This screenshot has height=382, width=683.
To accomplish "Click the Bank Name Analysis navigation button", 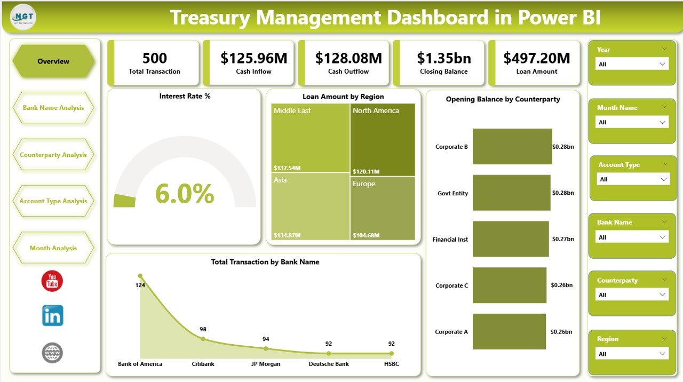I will [53, 108].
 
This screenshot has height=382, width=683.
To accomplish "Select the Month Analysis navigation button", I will [53, 248].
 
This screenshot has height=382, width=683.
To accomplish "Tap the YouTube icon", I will [52, 281].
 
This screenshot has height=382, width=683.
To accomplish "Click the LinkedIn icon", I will [52, 316].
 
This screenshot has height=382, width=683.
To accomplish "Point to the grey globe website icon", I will [52, 353].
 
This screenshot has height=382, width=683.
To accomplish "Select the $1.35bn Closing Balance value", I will [443, 58].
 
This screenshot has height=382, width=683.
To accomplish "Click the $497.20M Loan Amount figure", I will [537, 58].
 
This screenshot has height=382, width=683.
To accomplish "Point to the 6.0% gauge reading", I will [185, 194].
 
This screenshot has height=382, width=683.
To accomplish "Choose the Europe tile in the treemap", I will [383, 208].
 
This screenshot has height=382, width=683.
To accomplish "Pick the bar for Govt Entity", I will [511, 193].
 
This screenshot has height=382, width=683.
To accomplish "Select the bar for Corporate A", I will [509, 331].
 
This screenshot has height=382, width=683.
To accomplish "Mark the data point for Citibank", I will [203, 339].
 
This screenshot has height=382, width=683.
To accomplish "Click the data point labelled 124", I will [140, 276].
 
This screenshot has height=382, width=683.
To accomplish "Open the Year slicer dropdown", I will [632, 64].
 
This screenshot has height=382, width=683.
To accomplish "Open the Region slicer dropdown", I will [632, 354].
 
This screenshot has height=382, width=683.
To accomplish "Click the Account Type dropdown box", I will [633, 179].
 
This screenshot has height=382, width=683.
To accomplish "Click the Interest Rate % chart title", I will [185, 97].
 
